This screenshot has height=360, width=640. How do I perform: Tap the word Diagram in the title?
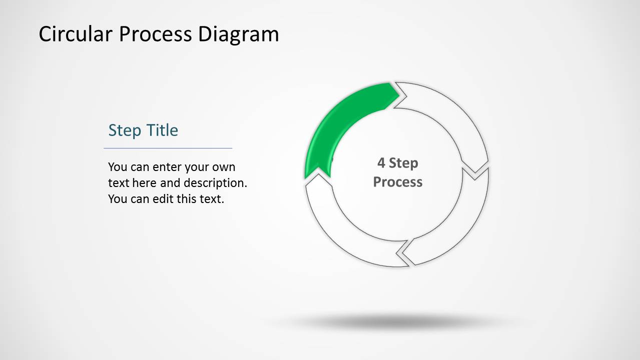(238, 34)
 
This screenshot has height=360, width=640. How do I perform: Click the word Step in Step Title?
(125, 130)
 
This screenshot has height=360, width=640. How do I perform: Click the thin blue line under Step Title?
(168, 148)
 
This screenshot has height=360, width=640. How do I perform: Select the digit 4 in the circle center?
(381, 163)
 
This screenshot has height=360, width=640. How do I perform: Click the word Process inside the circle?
(398, 181)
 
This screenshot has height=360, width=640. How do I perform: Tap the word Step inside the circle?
(403, 163)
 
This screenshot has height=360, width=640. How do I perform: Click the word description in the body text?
(215, 183)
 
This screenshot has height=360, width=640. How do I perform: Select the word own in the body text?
(224, 167)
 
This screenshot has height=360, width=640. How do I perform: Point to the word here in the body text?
(145, 183)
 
